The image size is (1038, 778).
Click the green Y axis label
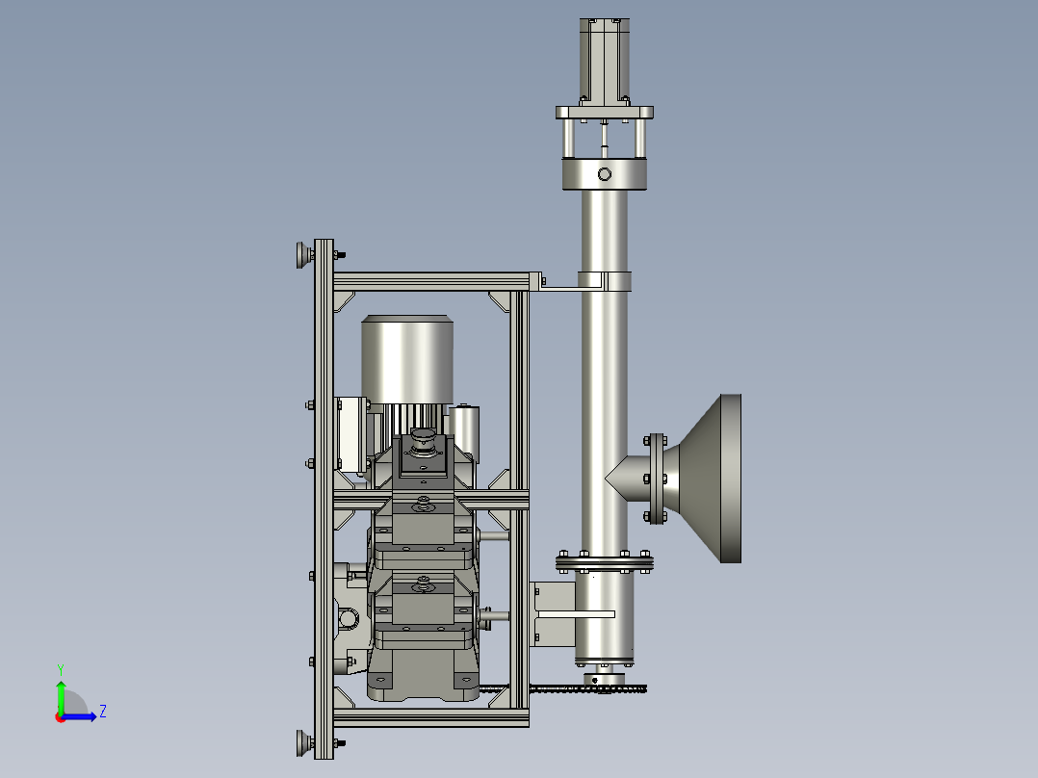click(x=61, y=669)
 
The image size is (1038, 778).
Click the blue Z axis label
click(x=103, y=712)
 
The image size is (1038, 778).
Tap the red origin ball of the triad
click(x=61, y=717)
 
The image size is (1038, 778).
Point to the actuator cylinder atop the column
click(x=605, y=61)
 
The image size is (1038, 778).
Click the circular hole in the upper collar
click(x=605, y=174)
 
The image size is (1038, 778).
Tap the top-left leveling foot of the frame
click(x=304, y=255)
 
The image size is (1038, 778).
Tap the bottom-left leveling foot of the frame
click(x=304, y=743)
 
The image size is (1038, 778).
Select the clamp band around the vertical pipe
click(x=605, y=281)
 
